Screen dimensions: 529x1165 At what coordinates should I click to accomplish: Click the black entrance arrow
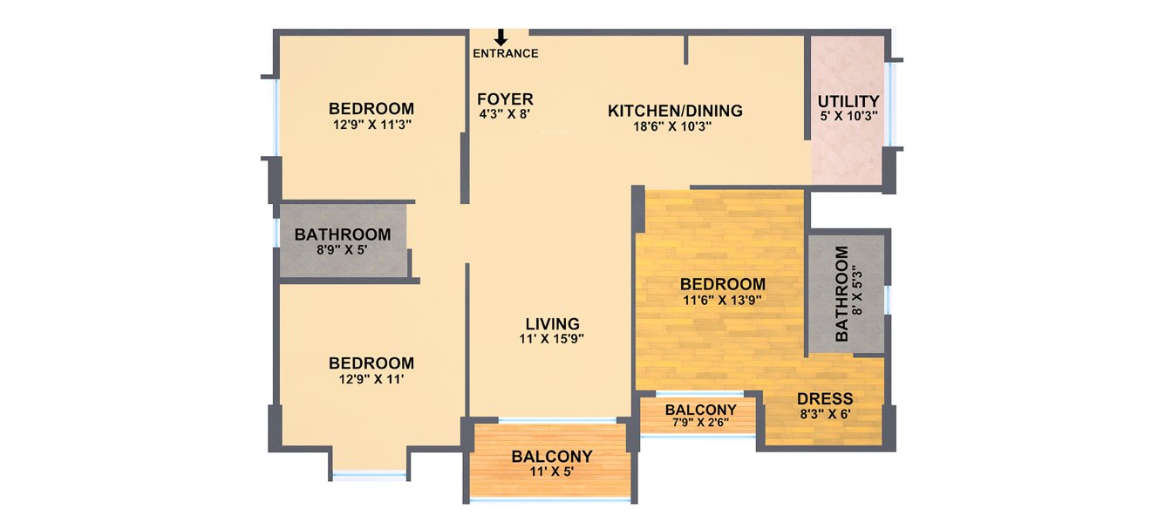pos(501,37)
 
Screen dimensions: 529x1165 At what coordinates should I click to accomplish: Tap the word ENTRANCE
pos(506,54)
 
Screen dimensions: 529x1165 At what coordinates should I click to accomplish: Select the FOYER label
pos(506,99)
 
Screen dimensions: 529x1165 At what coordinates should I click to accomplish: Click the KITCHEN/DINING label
pos(675,111)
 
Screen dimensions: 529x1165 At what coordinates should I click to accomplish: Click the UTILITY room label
pos(848,102)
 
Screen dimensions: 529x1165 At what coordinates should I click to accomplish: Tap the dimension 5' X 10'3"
pos(848,116)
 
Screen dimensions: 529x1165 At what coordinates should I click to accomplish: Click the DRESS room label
pos(825,399)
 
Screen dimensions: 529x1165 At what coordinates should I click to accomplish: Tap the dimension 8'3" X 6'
pos(825,414)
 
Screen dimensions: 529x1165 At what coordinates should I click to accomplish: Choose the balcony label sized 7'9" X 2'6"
pos(700,410)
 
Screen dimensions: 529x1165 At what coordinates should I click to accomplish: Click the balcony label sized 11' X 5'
pos(552,456)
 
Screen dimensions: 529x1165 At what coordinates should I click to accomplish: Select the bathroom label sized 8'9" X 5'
pos(342,234)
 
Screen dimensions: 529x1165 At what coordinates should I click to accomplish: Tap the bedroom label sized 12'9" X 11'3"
pos(371,109)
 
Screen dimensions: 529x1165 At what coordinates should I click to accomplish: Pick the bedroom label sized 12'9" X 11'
pos(371,363)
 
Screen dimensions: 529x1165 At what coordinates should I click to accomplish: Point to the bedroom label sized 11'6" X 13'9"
pos(723,284)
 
